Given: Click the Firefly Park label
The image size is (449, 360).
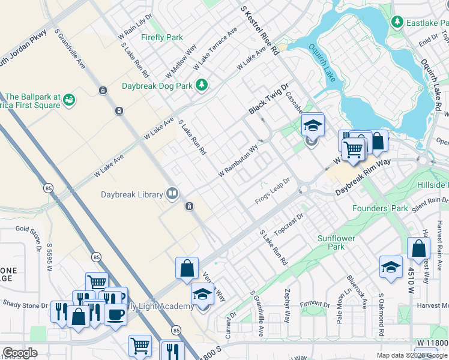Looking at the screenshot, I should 162,37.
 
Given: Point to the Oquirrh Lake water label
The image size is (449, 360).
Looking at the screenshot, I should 322,62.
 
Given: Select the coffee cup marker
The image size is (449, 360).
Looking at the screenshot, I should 115,314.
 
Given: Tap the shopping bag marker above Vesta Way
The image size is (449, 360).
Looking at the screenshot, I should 187,268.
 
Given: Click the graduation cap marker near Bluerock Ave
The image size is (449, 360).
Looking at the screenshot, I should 391,266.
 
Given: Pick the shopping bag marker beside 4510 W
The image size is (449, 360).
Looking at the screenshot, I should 418,248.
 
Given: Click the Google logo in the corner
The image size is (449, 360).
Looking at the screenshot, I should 20,353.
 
